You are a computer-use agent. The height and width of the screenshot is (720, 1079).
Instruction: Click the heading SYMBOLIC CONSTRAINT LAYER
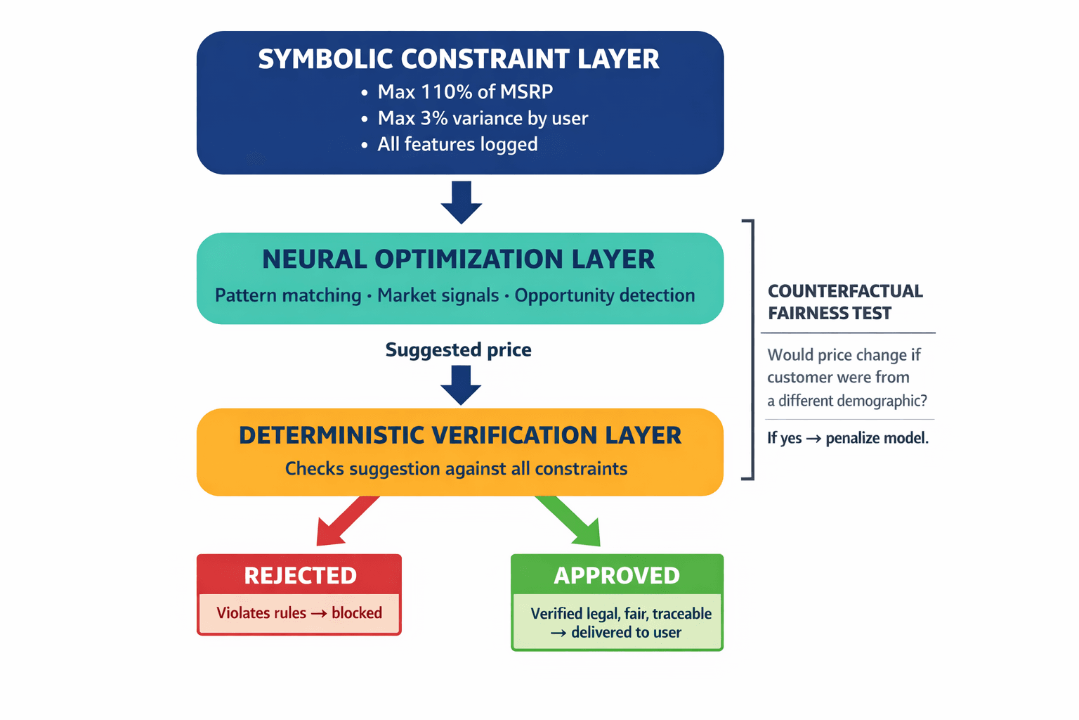click(459, 59)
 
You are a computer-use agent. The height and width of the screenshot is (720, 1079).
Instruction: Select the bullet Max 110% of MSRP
click(465, 92)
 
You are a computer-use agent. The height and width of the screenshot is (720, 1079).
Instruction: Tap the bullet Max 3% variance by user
click(483, 118)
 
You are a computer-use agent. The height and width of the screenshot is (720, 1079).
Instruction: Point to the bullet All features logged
click(457, 144)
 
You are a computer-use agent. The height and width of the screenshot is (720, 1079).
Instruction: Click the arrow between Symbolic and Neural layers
click(461, 202)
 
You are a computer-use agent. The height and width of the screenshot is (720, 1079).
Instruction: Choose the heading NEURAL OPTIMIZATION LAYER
click(459, 259)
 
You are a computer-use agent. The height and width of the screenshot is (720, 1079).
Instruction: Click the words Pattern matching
click(288, 295)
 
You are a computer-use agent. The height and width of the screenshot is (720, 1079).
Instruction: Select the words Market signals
click(438, 295)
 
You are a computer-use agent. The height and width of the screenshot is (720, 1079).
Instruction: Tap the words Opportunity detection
click(605, 295)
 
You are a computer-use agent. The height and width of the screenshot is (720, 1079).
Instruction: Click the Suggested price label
click(458, 350)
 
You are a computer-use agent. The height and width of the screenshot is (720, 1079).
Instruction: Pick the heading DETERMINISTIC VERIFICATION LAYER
click(460, 435)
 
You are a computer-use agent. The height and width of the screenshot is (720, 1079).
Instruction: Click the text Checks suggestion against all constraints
click(456, 469)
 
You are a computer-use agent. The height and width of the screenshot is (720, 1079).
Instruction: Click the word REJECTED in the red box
click(300, 576)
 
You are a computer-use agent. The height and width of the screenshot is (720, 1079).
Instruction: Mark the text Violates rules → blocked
click(299, 613)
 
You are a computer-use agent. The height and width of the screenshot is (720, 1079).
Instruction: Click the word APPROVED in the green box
click(617, 576)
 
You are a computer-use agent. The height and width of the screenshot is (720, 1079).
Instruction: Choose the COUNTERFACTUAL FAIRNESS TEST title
click(845, 302)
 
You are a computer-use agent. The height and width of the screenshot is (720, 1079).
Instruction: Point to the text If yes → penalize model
click(847, 439)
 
